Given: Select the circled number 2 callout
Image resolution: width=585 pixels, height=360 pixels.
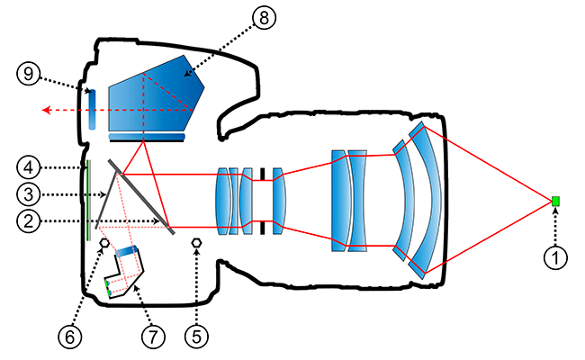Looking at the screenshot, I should tap(29, 220).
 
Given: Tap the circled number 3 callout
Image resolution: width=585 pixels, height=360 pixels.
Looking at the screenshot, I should tap(29, 193).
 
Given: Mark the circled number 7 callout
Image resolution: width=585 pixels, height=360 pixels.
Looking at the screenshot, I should tap(151, 337).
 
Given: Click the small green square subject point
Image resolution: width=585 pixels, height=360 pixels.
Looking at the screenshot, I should tap(556, 200).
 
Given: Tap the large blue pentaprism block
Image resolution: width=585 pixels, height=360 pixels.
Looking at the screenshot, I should tap(153, 94).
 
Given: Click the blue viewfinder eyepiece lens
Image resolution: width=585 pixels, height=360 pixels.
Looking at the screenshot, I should tap(91, 110).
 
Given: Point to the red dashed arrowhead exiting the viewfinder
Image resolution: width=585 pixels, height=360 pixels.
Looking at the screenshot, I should tap(43, 111).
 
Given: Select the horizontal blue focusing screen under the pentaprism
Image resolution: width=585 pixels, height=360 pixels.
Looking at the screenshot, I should tap(146, 137).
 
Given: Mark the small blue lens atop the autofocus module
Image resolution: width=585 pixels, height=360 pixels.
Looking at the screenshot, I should tap(127, 249).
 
